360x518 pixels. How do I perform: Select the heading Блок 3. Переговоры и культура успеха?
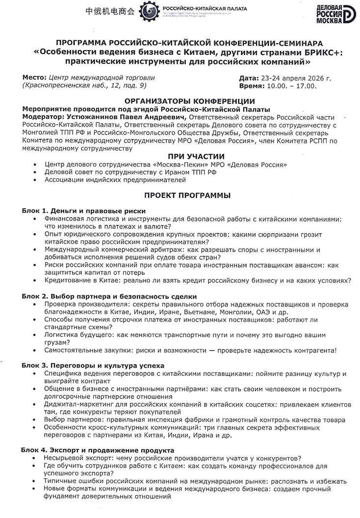tap(93, 366)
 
